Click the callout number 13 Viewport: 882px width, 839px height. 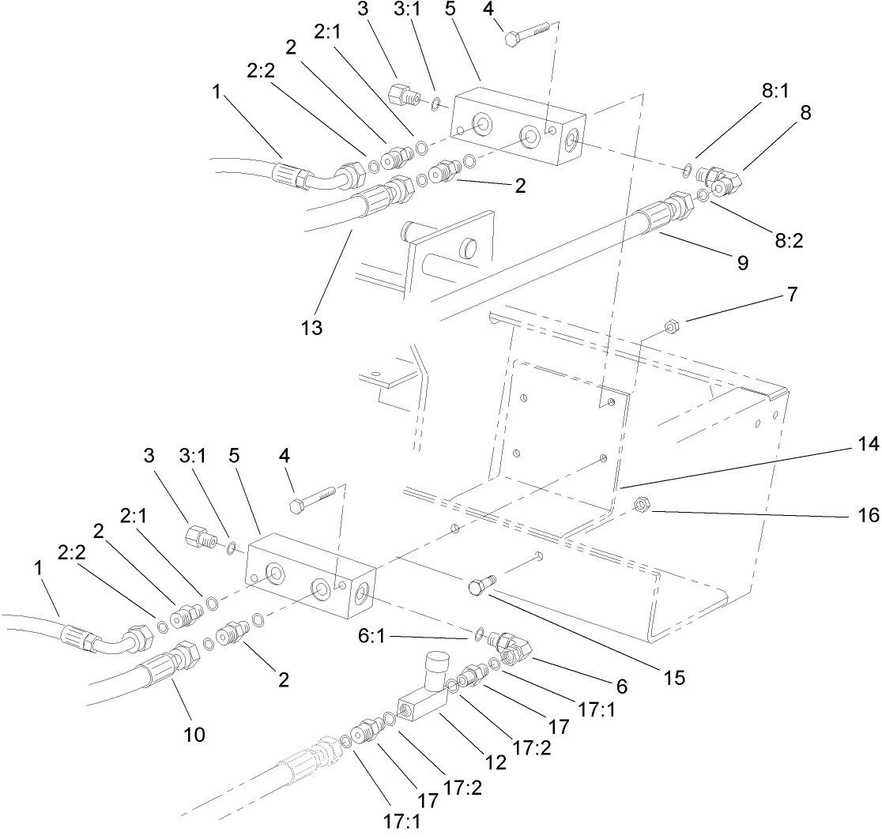312,327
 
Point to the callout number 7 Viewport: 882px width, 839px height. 792,295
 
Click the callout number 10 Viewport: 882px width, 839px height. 194,734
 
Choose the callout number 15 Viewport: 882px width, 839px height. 674,677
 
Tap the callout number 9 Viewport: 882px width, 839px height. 742,263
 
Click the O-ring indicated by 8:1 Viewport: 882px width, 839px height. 688,169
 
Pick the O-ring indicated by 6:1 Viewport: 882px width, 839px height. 480,633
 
